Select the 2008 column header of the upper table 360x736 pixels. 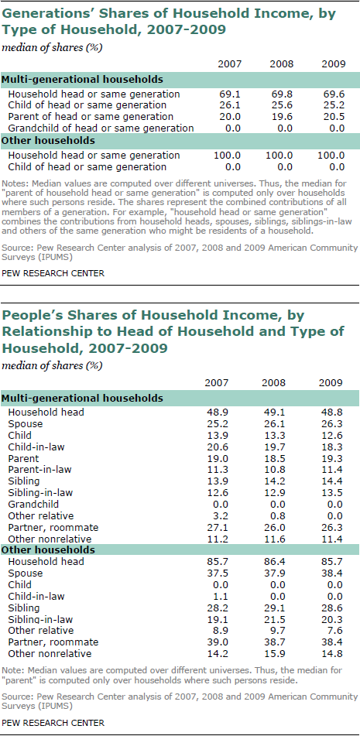tap(281, 64)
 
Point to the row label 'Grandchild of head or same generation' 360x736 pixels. tap(101, 128)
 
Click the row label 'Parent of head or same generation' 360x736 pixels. tap(91, 117)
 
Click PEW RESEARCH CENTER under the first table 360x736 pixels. tap(53, 272)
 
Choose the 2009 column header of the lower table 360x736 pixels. tap(331, 382)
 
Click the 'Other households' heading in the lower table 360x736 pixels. tap(48, 550)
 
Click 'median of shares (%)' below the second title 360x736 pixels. tap(52, 365)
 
